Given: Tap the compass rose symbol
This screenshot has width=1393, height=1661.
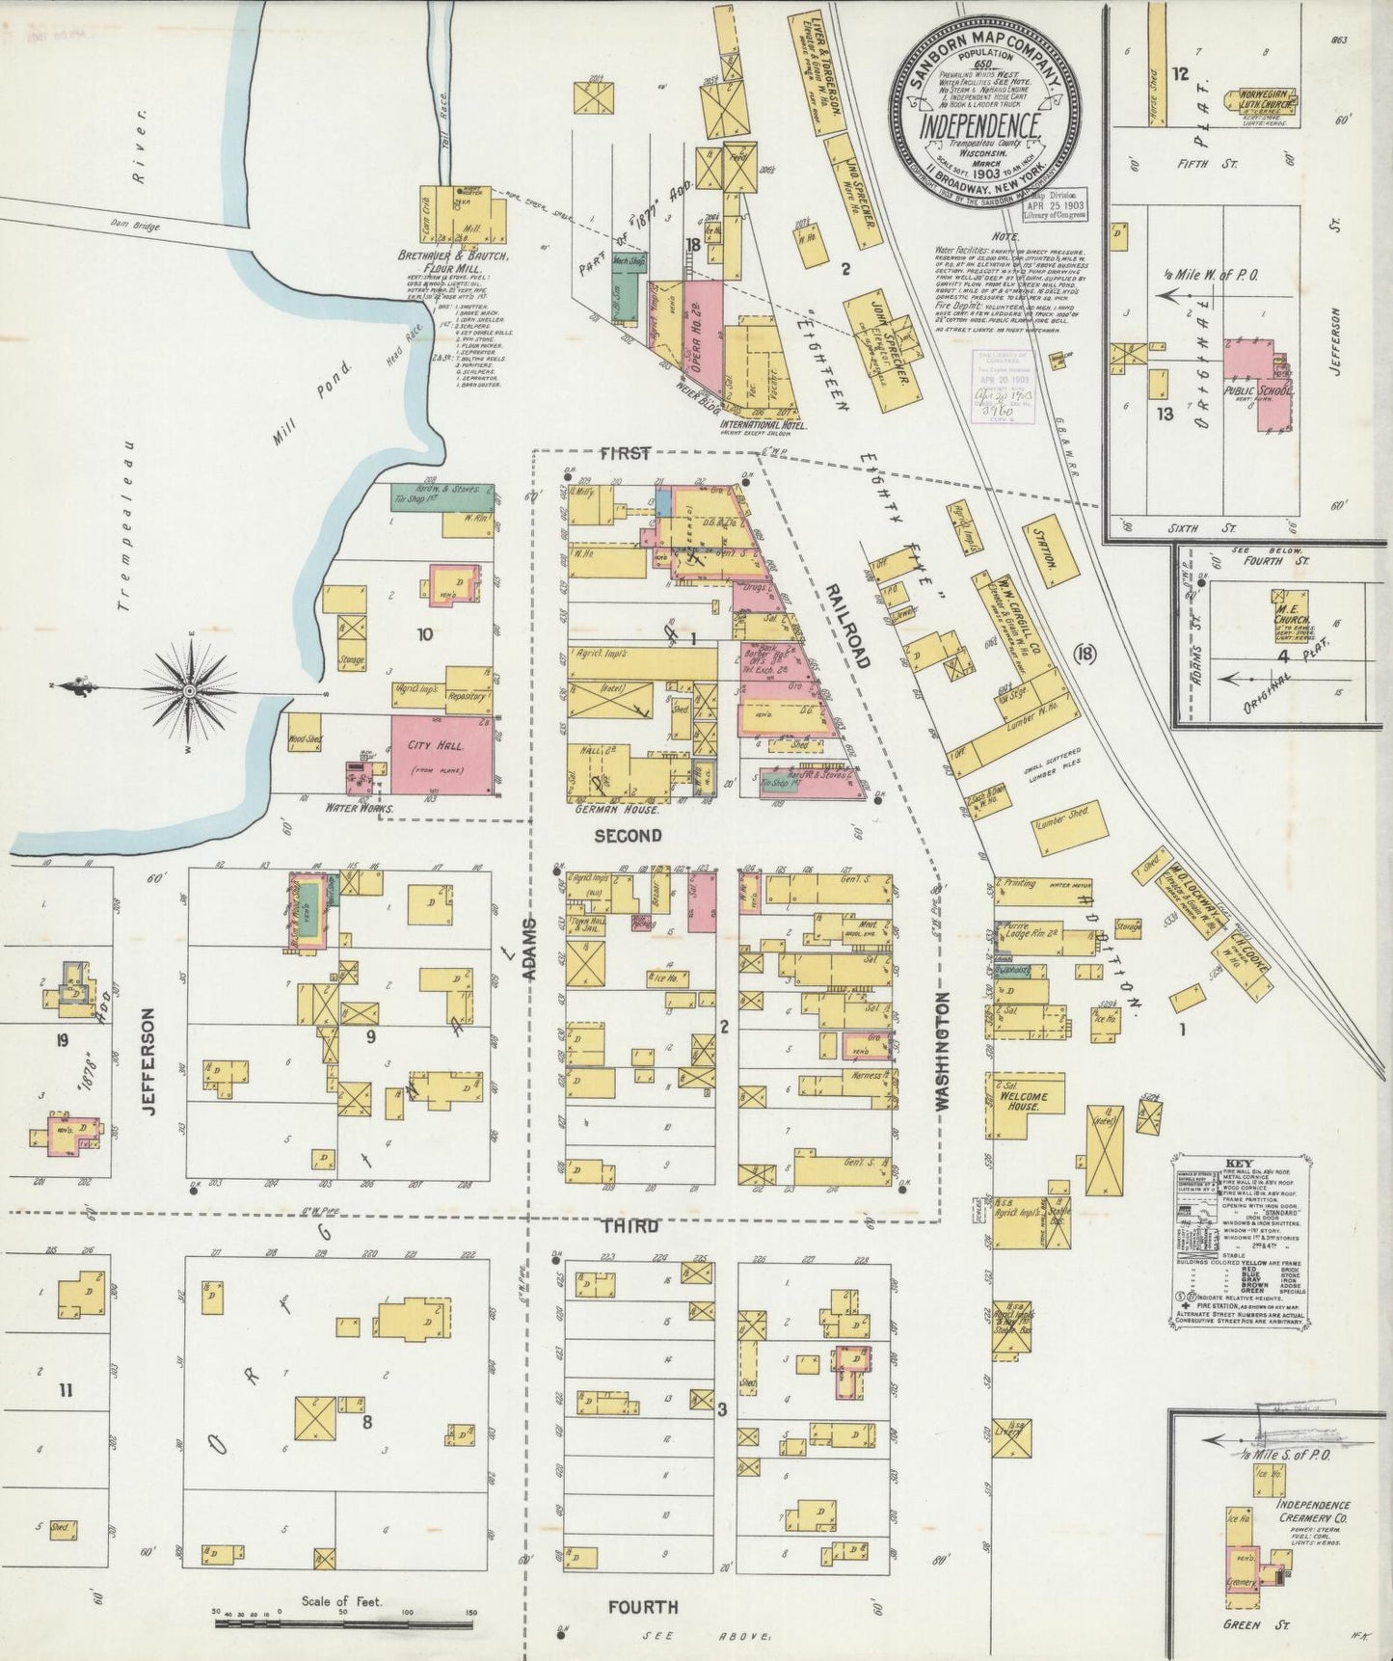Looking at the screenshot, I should point(190,690).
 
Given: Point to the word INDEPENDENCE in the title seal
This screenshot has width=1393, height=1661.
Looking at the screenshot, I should point(978,126).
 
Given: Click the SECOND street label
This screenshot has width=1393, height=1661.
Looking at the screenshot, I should point(627,835).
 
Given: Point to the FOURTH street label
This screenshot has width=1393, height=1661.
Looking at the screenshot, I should point(642,1606).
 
